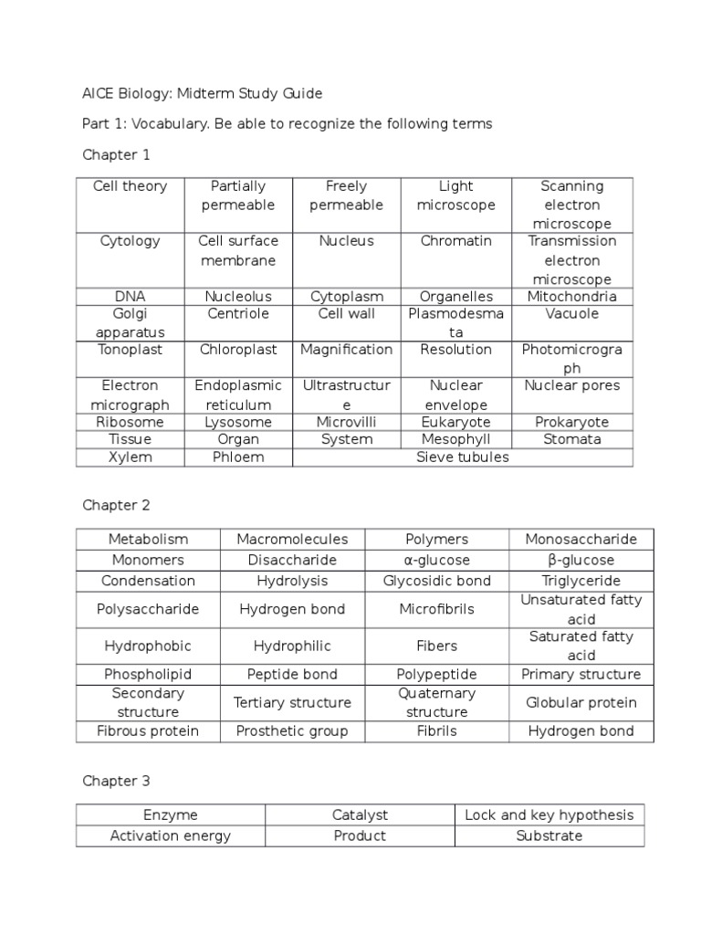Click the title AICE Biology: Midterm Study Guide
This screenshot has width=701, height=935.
(202, 93)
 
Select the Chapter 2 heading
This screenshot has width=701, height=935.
(116, 505)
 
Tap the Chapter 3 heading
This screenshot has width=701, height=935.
(116, 781)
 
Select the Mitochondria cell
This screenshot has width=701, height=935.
(571, 296)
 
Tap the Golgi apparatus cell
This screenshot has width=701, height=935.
(131, 322)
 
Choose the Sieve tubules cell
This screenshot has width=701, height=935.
(463, 457)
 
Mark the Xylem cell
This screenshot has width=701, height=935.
(131, 457)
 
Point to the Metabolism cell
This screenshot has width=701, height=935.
(148, 539)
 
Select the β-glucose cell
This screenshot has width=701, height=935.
(581, 560)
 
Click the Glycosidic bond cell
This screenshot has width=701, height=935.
(436, 581)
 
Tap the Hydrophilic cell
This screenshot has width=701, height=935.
(292, 646)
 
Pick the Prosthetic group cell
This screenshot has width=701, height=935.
(292, 730)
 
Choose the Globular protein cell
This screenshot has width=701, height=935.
(581, 702)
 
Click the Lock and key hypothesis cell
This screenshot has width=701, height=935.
(549, 814)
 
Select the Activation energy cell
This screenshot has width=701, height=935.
(170, 835)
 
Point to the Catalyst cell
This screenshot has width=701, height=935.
(360, 814)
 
